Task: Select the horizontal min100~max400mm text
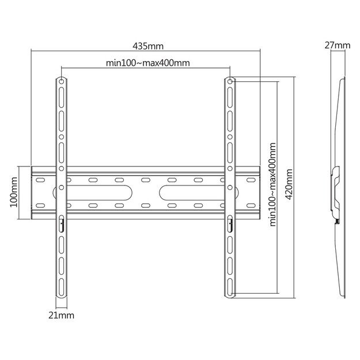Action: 148,63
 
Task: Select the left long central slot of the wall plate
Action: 120,192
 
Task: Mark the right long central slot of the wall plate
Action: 170,192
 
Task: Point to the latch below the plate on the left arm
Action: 62,222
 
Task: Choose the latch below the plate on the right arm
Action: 229,222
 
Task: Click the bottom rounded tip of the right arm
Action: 229,297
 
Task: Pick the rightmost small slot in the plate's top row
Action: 251,180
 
